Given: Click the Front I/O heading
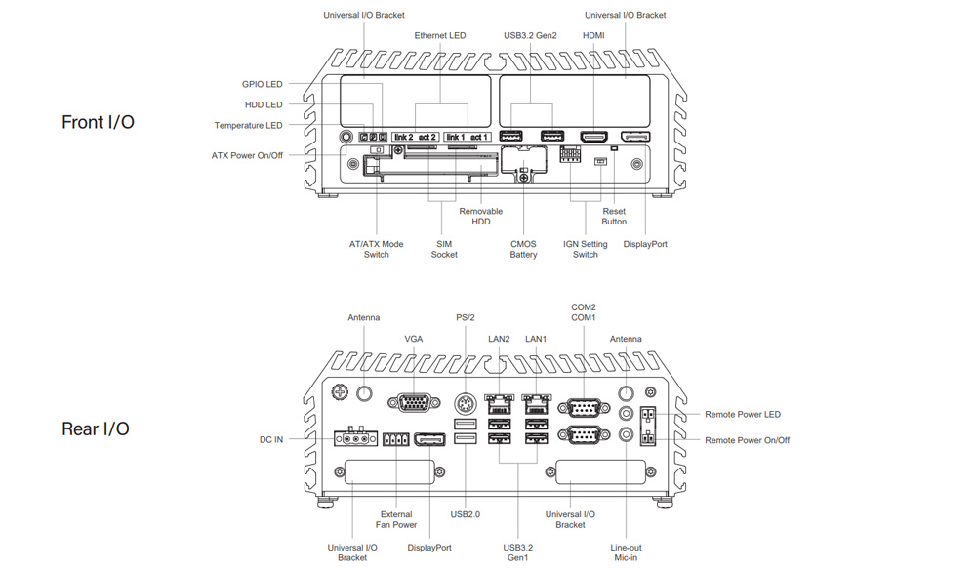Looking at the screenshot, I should [98, 122].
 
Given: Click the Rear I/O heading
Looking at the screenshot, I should [96, 428].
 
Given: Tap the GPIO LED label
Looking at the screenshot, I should [262, 85].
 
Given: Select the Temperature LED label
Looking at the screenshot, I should [248, 126].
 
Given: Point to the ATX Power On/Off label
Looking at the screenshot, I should [247, 156].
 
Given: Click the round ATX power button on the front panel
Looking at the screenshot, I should [346, 137].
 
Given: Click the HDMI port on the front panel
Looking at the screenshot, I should [593, 137].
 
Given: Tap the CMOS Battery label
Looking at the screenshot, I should [523, 249].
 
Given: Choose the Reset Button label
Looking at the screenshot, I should [614, 217].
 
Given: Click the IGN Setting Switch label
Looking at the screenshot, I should [586, 249].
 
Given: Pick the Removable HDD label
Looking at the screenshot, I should [480, 217].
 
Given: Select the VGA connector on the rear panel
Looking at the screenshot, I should [413, 400].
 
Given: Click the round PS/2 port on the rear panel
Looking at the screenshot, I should [466, 401].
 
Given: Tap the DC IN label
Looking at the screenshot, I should [270, 440].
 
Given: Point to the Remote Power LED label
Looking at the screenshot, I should [742, 415].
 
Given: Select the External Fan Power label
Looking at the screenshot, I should [396, 519].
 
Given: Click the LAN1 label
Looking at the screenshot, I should [536, 340].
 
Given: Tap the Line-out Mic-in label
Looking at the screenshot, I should [625, 552].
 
